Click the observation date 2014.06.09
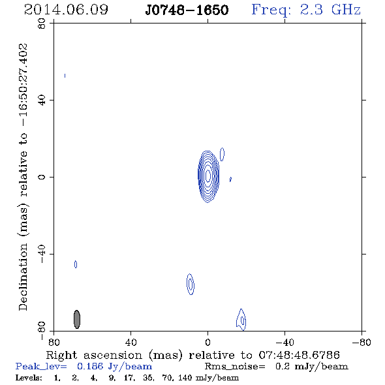click(x=66, y=10)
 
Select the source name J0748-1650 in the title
click(x=187, y=10)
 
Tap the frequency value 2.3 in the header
click(x=311, y=10)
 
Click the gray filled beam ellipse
click(x=77, y=319)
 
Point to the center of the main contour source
click(x=208, y=176)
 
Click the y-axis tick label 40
click(x=42, y=100)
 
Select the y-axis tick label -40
click(x=42, y=254)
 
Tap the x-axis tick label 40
click(x=131, y=343)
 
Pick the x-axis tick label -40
click(x=285, y=343)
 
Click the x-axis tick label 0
click(x=208, y=343)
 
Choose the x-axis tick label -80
click(x=362, y=343)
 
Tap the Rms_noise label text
click(x=235, y=367)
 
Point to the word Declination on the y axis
click(x=23, y=277)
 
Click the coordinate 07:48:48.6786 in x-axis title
click(x=300, y=355)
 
